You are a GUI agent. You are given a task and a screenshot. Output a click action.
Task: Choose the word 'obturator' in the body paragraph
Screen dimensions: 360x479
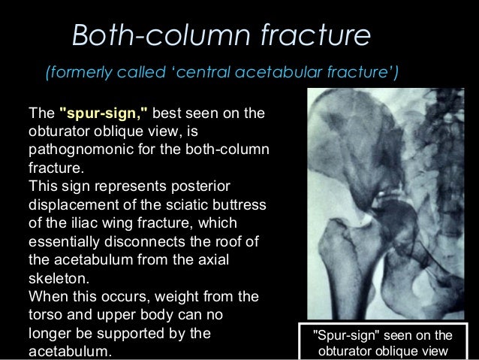pyautogui.click(x=56, y=131)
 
